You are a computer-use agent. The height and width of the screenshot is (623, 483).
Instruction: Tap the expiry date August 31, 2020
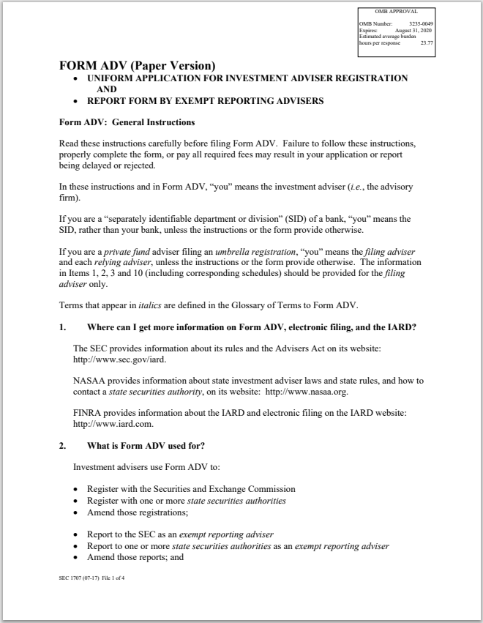(416, 30)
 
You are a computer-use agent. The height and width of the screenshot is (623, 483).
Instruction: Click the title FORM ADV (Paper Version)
(137, 65)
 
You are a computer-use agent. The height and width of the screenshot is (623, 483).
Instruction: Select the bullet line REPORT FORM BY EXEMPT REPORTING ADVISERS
(205, 101)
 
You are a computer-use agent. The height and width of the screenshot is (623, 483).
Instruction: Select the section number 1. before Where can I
(63, 327)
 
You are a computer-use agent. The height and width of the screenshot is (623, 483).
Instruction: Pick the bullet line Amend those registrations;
(137, 512)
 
